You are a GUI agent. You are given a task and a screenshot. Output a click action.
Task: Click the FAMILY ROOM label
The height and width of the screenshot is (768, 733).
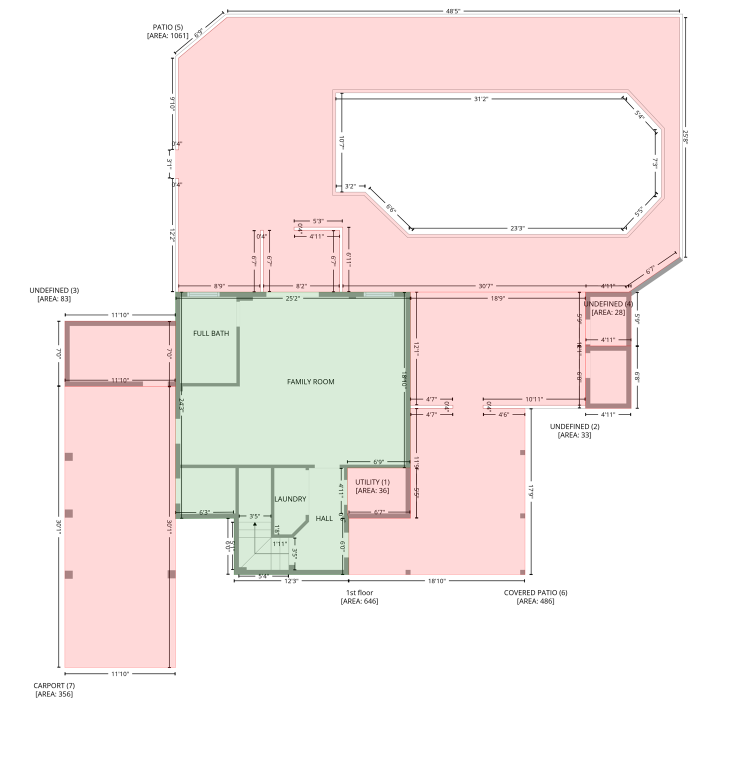310,381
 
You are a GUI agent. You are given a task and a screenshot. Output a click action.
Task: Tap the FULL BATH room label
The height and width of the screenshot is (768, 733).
211,333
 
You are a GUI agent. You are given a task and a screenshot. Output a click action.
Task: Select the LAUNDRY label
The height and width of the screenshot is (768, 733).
290,499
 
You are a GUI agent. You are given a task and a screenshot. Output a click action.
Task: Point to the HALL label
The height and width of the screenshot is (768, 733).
324,518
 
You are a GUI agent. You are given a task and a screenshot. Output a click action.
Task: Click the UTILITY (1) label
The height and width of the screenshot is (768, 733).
372,486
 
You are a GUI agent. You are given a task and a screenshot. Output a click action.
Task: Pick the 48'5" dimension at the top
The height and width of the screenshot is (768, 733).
453,11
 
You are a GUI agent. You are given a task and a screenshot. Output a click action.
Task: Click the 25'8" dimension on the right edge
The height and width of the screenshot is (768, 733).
685,137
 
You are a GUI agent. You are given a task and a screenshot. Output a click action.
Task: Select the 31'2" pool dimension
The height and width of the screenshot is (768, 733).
480,99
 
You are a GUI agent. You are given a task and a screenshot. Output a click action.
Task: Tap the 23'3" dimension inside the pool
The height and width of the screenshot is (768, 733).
517,228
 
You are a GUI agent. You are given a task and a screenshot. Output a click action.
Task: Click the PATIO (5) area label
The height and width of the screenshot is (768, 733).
168,31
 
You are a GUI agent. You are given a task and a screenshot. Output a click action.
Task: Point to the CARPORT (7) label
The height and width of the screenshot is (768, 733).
54,689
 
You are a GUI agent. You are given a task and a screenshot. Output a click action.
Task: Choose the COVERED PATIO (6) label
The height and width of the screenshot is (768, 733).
535,596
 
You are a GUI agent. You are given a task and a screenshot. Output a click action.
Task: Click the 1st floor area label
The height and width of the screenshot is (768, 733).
359,596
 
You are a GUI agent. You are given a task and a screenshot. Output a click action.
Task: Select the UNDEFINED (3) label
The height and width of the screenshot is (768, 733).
54,294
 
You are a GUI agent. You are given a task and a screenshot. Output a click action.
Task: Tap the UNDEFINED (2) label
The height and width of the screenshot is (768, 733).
574,430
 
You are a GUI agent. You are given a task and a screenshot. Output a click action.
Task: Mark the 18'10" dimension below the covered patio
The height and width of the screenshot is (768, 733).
436,581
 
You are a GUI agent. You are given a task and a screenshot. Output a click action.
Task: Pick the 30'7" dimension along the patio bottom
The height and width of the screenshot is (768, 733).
485,286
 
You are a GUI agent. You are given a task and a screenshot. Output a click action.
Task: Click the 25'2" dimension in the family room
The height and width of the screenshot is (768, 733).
292,298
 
